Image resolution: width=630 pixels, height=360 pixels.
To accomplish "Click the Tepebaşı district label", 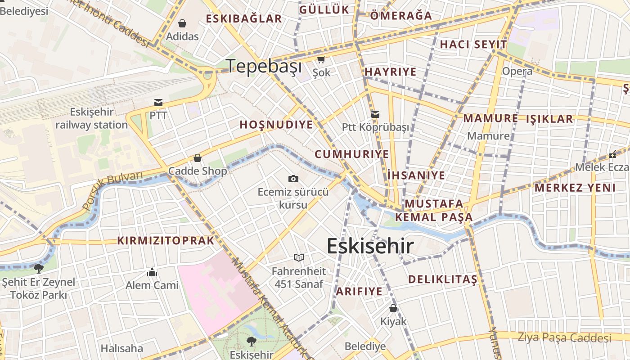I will [264, 66].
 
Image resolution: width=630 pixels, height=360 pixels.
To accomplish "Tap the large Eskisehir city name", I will [370, 246].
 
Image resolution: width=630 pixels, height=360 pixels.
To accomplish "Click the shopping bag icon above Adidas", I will [182, 23].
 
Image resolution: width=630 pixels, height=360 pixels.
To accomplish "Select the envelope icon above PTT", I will [158, 103].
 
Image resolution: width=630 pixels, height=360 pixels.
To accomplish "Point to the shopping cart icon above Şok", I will [321, 60].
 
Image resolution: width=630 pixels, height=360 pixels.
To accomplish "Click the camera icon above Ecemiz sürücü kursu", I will [293, 179].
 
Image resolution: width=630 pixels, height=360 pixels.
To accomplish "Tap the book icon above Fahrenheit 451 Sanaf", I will [299, 258].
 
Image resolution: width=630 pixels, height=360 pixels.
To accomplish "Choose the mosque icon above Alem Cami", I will [152, 272].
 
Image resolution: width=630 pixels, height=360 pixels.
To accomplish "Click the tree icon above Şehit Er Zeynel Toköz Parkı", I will [39, 269].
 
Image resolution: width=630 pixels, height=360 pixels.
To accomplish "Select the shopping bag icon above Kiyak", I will [393, 308].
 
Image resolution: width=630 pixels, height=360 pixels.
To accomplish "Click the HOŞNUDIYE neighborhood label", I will [276, 125].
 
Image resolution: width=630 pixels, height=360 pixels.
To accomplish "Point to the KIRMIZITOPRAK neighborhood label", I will [166, 240].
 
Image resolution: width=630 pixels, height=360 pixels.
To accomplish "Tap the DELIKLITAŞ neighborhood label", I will [442, 279].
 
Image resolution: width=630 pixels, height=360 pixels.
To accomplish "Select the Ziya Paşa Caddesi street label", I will [564, 337].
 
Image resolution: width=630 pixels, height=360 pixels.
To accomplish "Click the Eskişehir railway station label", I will [92, 118].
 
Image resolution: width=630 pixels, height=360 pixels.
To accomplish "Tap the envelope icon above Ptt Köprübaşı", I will [375, 114].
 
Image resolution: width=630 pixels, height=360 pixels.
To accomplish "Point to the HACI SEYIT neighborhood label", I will [473, 45].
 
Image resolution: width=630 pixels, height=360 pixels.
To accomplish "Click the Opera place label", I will [517, 71].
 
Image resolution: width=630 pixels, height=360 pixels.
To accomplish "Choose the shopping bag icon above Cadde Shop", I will [197, 158].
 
